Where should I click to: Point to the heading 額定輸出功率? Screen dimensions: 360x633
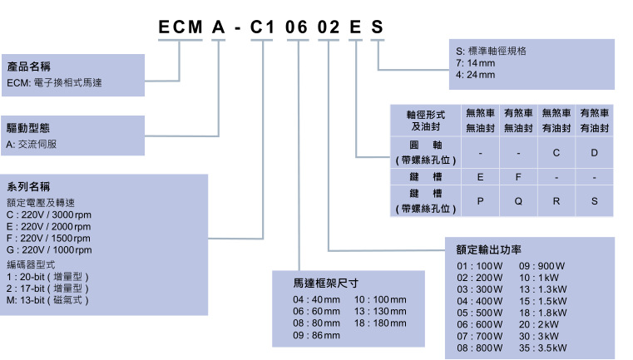(x=489, y=249)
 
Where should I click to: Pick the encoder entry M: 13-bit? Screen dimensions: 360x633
(x=47, y=298)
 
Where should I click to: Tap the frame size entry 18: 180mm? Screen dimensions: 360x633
(x=381, y=323)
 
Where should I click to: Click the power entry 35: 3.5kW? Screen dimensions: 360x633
(x=543, y=348)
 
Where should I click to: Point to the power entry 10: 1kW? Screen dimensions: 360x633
(x=539, y=277)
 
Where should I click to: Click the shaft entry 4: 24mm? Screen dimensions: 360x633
(x=475, y=75)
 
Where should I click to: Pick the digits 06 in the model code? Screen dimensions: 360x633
(x=296, y=27)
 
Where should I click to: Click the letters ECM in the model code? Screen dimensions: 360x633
(x=181, y=27)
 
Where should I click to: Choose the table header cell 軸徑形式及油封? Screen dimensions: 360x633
(x=427, y=120)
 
